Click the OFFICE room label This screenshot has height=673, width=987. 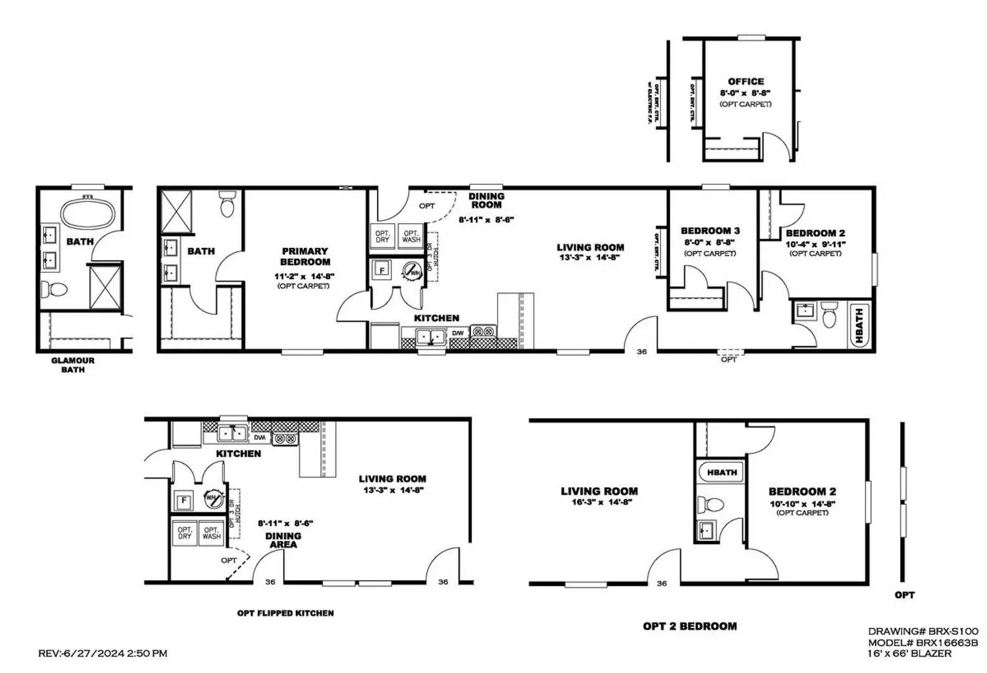[745, 82]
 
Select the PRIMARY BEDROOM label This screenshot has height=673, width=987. [305, 256]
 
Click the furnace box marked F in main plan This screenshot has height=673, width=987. [381, 271]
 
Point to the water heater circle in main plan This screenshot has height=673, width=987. [412, 272]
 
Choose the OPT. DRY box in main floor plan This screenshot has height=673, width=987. [382, 236]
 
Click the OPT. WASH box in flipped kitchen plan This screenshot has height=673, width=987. [211, 533]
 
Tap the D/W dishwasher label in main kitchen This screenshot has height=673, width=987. [457, 333]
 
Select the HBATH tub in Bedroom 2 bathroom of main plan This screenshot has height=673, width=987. [859, 325]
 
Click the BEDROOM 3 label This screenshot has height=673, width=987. [710, 231]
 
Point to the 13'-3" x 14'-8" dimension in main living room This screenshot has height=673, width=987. [589, 257]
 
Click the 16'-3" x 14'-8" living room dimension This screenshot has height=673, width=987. [598, 502]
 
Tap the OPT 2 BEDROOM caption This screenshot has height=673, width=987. [690, 626]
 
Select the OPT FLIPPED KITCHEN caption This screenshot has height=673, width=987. [285, 613]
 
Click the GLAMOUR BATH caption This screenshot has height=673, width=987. [73, 365]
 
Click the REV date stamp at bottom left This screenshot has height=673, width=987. [103, 654]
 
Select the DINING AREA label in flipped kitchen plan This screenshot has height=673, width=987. [283, 540]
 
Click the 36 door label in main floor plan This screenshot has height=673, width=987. [642, 351]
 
